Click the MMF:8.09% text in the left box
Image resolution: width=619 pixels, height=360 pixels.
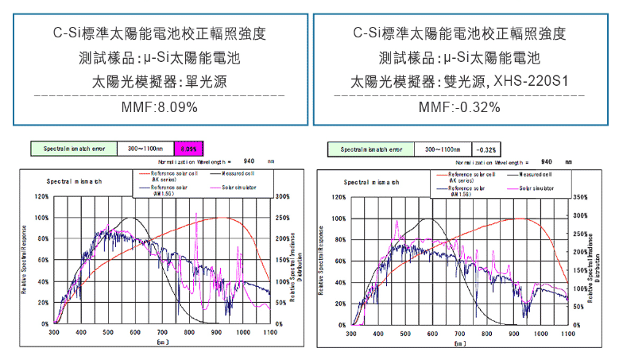click(x=159, y=106)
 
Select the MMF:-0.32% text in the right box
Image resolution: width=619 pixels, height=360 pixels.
click(x=458, y=106)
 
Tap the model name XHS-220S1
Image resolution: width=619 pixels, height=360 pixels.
click(x=531, y=82)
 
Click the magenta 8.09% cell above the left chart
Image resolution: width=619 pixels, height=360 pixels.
click(x=188, y=149)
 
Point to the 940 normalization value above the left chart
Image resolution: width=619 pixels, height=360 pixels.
click(x=249, y=161)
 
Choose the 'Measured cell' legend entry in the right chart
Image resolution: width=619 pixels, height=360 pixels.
click(x=534, y=174)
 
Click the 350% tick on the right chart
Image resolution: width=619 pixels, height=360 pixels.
click(x=580, y=196)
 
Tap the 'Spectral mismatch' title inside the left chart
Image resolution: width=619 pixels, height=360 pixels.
click(x=73, y=182)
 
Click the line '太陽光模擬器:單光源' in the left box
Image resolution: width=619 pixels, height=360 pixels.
click(x=159, y=82)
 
